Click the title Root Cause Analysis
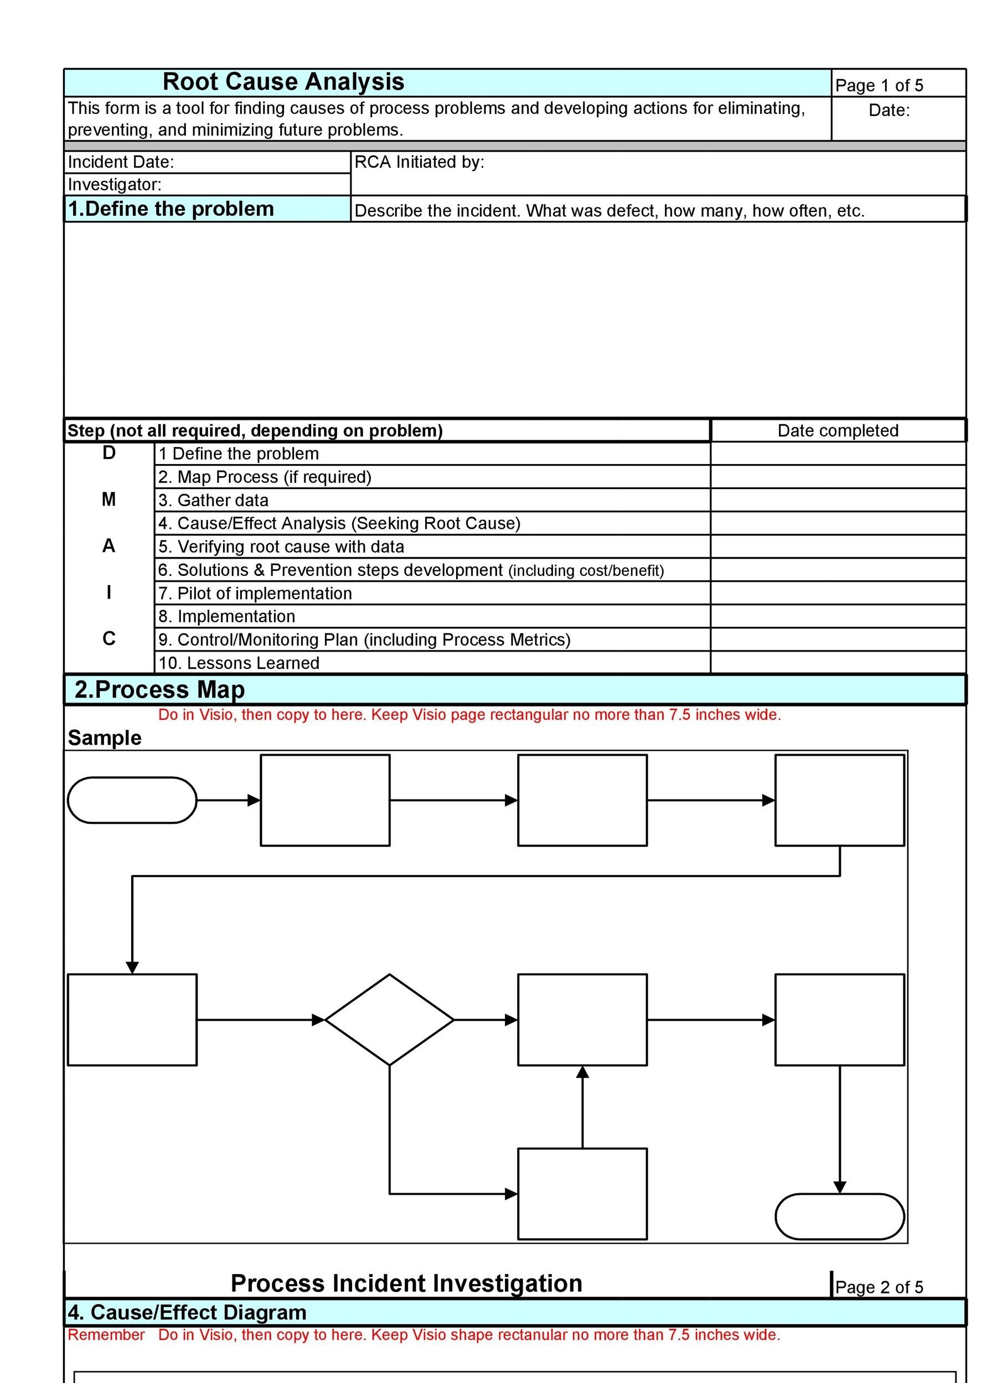[x=283, y=82]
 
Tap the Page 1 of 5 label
[x=879, y=85]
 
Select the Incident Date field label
[x=121, y=162]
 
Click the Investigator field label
[x=115, y=184]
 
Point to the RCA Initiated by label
[x=419, y=162]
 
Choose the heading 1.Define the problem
[x=171, y=209]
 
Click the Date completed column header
[x=838, y=430]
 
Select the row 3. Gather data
[x=214, y=500]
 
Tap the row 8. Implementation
[x=227, y=616]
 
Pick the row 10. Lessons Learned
[x=239, y=663]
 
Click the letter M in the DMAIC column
[x=109, y=500]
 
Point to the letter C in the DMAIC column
[x=109, y=638]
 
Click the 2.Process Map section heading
[x=160, y=690]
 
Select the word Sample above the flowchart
[x=104, y=738]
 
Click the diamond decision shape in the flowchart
[x=389, y=1020]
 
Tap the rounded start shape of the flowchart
[x=132, y=800]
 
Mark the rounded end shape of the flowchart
[x=840, y=1216]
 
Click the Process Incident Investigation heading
[x=406, y=1283]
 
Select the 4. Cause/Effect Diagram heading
[x=187, y=1312]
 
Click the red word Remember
[x=106, y=1335]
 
